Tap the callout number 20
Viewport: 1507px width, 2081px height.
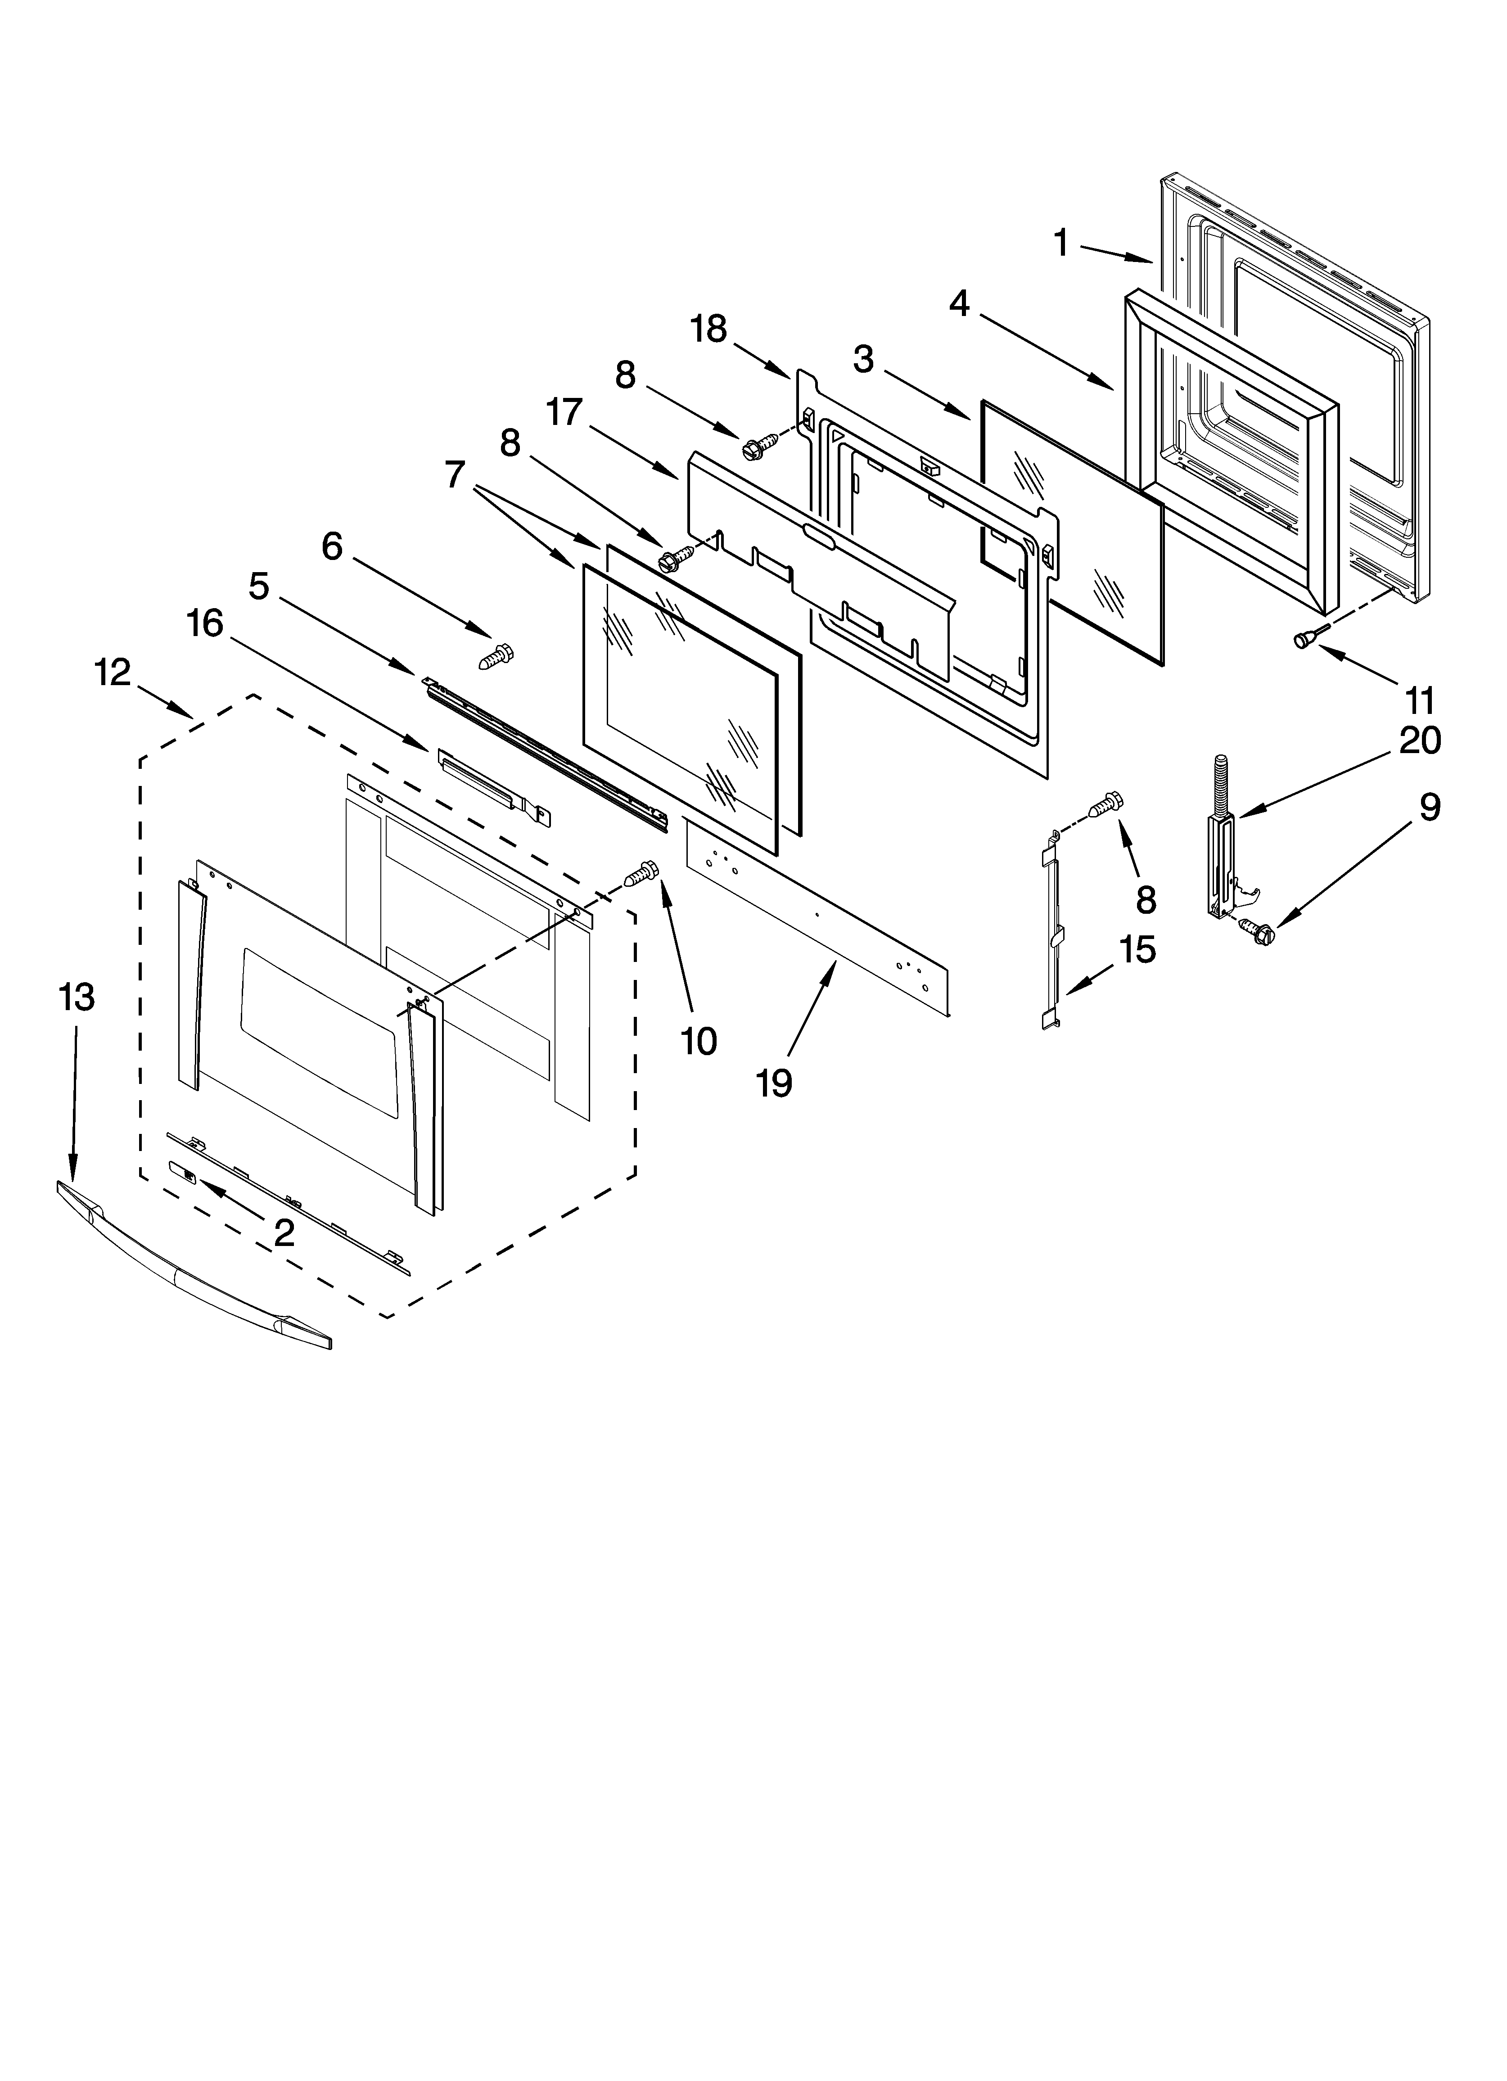[1419, 740]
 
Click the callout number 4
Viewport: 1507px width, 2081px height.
[959, 303]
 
